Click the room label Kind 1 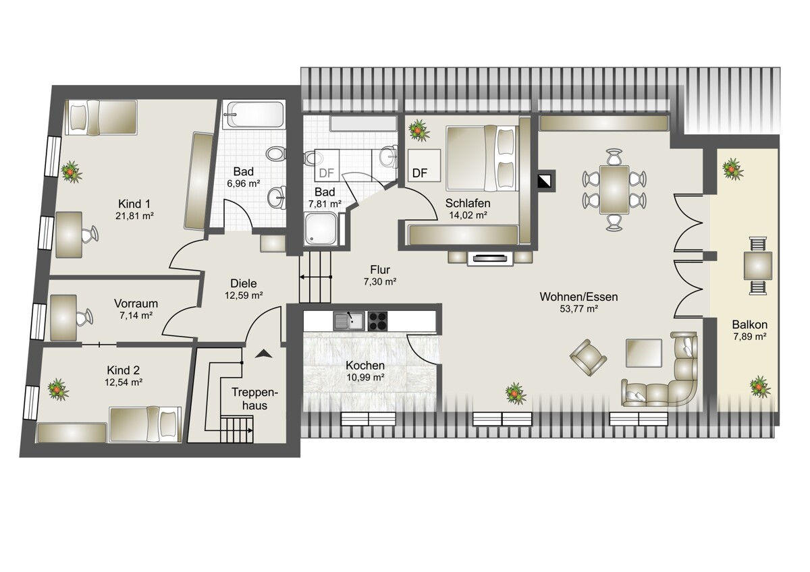pos(134,204)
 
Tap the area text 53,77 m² pos(578,309)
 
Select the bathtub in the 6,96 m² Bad pos(253,114)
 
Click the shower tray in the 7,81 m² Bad pos(321,229)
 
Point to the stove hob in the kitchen pos(377,321)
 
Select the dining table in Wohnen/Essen pos(614,190)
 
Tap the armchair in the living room pos(588,357)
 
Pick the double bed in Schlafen pos(480,158)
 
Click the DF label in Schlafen pos(419,173)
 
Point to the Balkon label pos(750,324)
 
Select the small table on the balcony pos(757,266)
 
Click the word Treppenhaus pos(254,399)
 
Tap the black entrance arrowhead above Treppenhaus pos(264,353)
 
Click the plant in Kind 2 pos(58,389)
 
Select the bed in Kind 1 pos(101,117)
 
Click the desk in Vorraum pos(63,318)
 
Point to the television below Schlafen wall pos(490,258)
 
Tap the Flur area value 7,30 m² pos(380,281)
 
